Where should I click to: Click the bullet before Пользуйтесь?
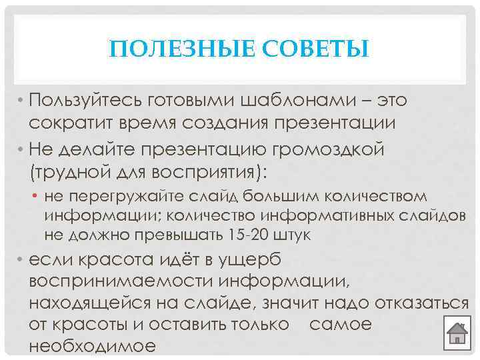(22, 101)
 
